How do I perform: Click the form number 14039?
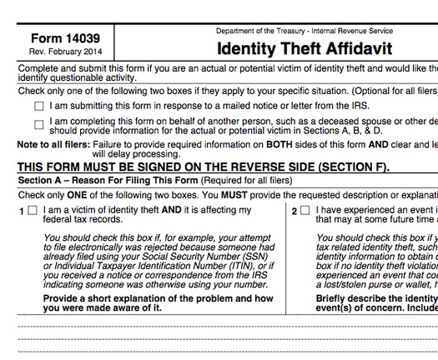point(63,38)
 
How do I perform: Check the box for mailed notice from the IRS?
point(39,107)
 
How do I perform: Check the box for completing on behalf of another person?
point(39,125)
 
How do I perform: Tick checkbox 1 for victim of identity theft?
point(32,211)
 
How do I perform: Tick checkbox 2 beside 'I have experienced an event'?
point(305,211)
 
